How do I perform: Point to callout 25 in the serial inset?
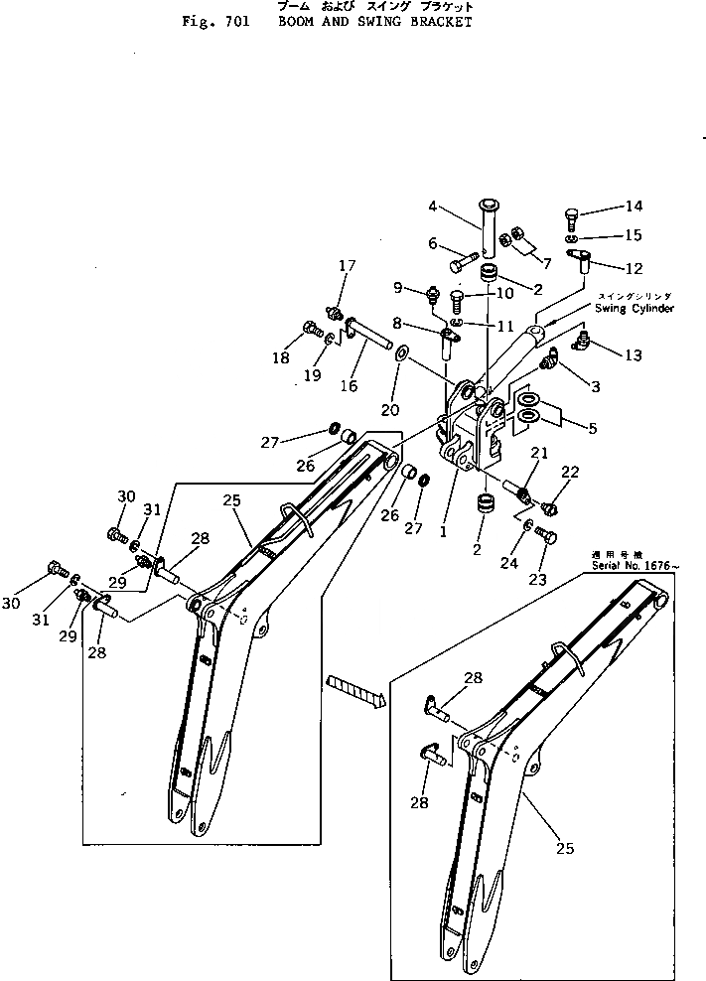click(565, 847)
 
